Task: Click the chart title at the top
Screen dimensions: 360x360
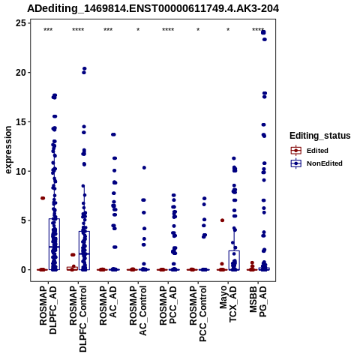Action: [153, 9]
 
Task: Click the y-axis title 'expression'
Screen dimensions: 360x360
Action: [8, 150]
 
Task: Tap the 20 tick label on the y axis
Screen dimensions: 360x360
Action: [21, 73]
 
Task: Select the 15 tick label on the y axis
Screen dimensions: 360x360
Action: [21, 121]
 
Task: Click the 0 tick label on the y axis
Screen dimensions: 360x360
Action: [23, 270]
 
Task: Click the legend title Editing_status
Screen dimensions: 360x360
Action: [320, 136]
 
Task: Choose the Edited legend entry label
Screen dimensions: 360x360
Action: [317, 151]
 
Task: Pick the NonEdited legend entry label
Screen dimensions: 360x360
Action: [325, 163]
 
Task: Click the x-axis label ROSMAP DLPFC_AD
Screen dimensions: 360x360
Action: [48, 310]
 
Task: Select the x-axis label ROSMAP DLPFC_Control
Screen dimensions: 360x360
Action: [78, 319]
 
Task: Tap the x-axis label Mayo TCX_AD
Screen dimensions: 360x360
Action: [228, 304]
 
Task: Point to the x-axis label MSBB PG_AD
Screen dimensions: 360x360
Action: [258, 301]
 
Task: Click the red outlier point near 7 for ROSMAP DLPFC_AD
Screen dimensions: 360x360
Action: [43, 198]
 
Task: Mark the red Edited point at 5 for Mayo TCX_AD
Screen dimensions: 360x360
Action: [222, 220]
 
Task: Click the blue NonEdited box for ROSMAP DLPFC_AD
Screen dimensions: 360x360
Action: [54, 244]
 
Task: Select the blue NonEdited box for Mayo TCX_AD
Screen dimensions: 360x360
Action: [234, 260]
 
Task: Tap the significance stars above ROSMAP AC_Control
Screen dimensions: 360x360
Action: [138, 30]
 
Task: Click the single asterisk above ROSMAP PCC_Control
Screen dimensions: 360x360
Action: [198, 30]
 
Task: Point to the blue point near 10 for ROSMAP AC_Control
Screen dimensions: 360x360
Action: [144, 168]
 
